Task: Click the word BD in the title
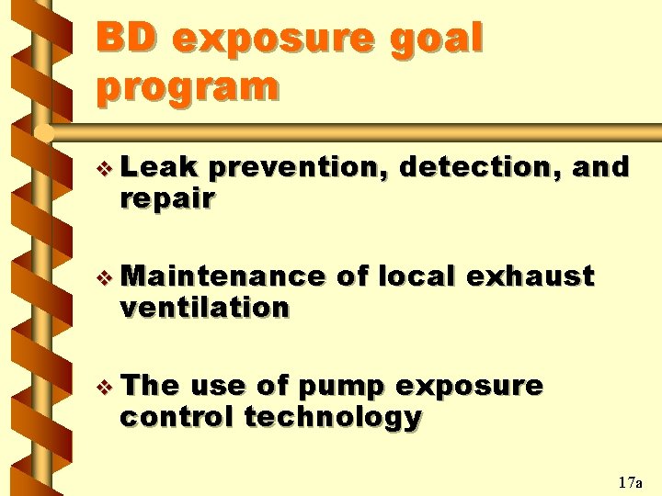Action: (125, 39)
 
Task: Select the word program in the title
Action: (187, 87)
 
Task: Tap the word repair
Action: (167, 199)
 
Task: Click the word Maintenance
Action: (223, 276)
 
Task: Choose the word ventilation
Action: (204, 307)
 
